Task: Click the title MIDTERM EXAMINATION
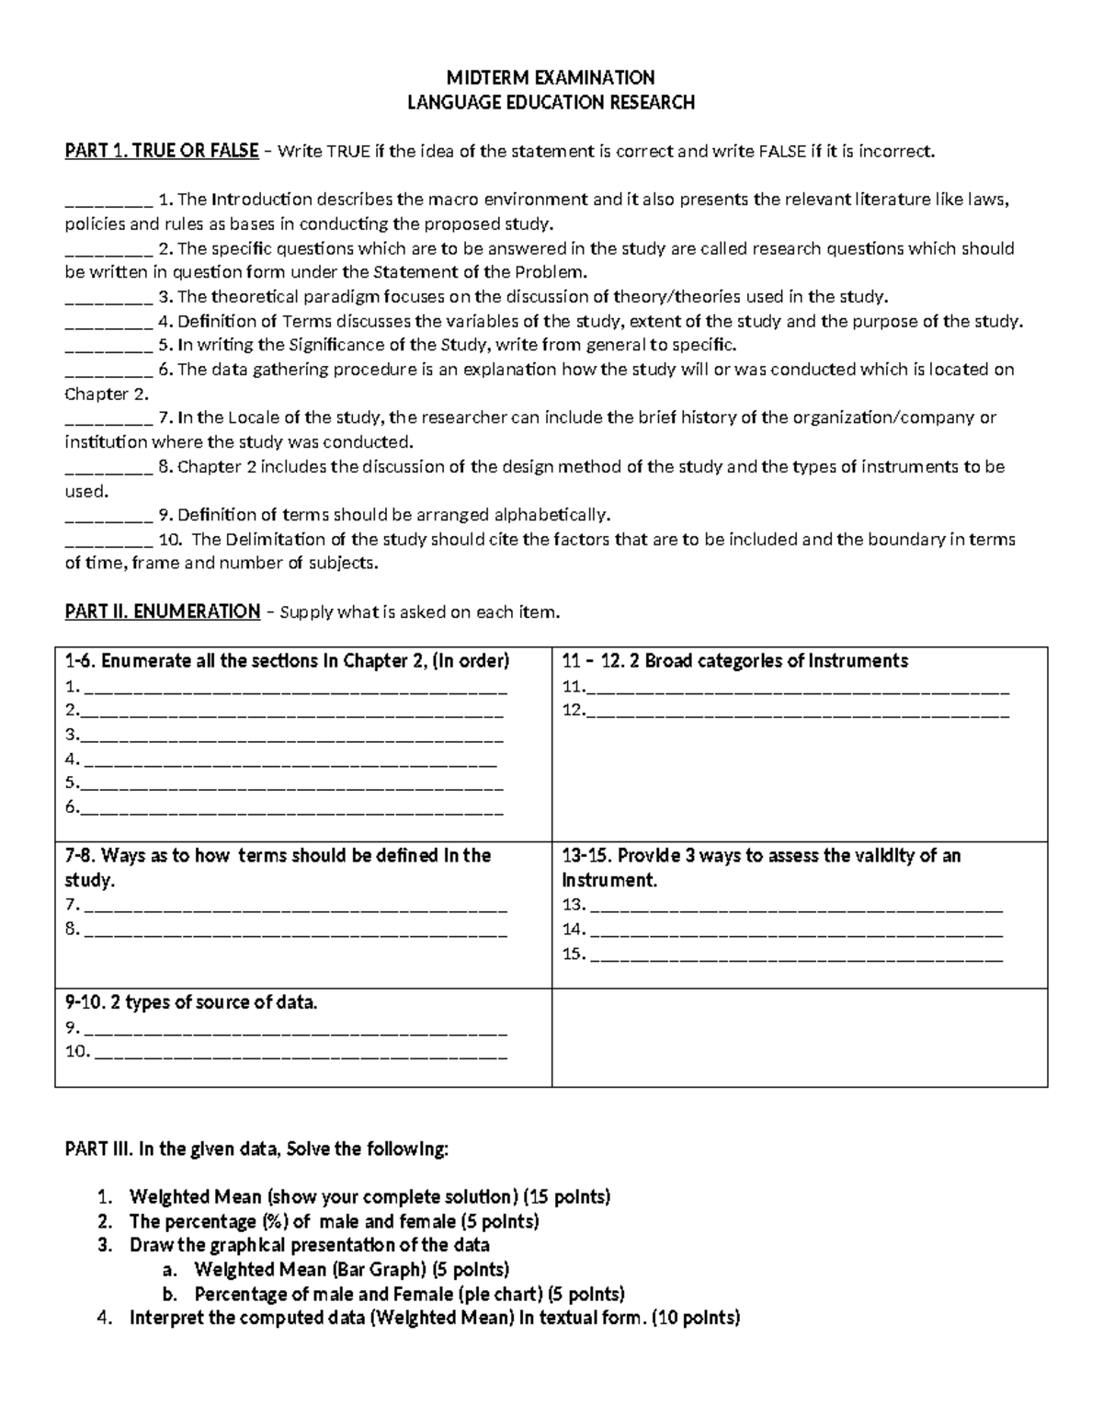551,77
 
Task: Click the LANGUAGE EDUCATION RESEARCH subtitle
551,102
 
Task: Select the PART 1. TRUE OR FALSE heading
162,151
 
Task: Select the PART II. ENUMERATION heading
163,611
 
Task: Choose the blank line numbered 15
797,955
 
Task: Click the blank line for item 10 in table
301,1053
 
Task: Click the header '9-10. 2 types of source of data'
191,1002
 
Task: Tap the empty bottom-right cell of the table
799,1037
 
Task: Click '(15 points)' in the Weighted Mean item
566,1197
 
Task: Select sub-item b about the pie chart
409,1295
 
